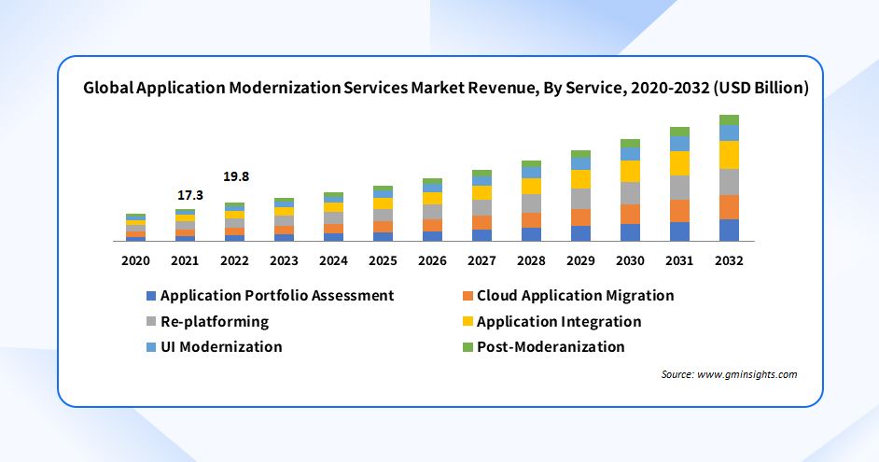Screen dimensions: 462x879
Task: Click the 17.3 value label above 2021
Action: (190, 196)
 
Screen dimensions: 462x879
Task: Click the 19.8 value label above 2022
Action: (235, 176)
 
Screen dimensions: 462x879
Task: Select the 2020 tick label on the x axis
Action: (136, 260)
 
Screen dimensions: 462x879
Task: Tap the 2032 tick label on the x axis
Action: (729, 260)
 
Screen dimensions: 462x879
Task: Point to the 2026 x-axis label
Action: (432, 260)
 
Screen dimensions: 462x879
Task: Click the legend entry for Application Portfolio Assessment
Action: (277, 296)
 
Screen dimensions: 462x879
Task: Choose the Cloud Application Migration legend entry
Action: (575, 296)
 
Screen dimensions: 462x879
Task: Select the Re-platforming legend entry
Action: (215, 322)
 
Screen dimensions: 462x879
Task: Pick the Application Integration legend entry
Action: (559, 322)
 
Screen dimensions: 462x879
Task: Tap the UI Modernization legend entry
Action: (221, 347)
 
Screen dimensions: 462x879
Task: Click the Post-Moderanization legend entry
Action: (551, 347)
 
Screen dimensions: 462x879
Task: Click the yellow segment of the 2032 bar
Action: (729, 155)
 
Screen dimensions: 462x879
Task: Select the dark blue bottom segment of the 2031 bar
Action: (679, 231)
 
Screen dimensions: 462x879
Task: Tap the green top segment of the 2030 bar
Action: (630, 144)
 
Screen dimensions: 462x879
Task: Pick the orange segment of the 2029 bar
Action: (580, 217)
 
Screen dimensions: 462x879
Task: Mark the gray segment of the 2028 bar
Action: (531, 203)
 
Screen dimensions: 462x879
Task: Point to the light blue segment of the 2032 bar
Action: (729, 133)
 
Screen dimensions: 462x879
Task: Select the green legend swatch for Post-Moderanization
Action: (468, 347)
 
